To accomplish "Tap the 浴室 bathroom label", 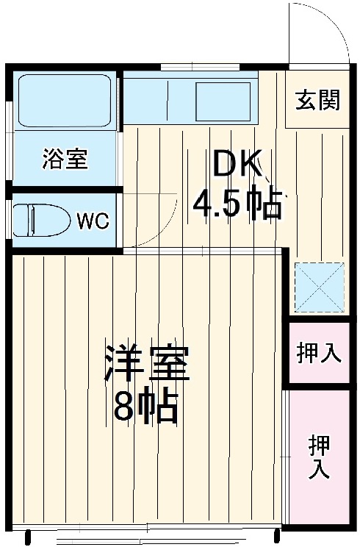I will [x=65, y=158].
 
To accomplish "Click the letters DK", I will [x=237, y=165].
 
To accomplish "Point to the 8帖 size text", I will [x=145, y=407].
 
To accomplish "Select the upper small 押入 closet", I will [x=318, y=353].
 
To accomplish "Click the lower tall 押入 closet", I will [x=318, y=457].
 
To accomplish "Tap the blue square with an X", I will [x=318, y=286].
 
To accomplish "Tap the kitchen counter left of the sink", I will [x=157, y=101].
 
